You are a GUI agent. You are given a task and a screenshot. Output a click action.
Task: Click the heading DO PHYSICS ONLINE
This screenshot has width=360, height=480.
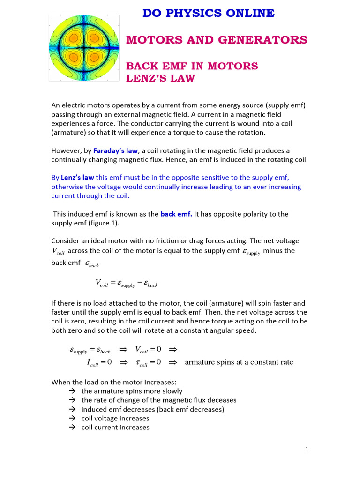click(x=209, y=14)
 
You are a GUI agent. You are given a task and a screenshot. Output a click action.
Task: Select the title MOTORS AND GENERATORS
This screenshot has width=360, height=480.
click(x=217, y=40)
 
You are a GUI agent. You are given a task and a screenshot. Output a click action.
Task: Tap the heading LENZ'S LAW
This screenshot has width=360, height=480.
click(x=160, y=78)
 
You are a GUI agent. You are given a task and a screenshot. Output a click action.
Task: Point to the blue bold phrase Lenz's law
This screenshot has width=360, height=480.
click(x=77, y=178)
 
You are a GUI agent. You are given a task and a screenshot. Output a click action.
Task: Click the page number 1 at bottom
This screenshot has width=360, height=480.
click(x=307, y=449)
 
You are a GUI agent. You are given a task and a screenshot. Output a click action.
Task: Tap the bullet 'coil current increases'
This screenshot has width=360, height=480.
click(x=115, y=427)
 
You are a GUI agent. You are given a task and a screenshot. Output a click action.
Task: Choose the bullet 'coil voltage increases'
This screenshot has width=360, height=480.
click(x=115, y=418)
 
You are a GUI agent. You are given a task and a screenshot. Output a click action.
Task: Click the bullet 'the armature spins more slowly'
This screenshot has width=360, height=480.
click(x=132, y=391)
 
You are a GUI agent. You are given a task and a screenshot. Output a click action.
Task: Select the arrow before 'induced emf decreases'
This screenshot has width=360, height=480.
click(x=72, y=409)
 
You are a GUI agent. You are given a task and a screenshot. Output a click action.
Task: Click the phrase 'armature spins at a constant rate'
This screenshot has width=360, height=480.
click(x=239, y=362)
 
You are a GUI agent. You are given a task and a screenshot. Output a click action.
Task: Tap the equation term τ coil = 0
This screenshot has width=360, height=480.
click(x=148, y=362)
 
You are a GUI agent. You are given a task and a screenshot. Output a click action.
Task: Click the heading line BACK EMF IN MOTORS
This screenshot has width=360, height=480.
click(x=192, y=66)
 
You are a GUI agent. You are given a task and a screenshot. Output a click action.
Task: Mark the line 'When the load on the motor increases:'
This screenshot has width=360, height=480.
click(x=113, y=382)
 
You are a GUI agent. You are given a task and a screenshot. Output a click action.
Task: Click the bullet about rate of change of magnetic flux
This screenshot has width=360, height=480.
click(x=159, y=400)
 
